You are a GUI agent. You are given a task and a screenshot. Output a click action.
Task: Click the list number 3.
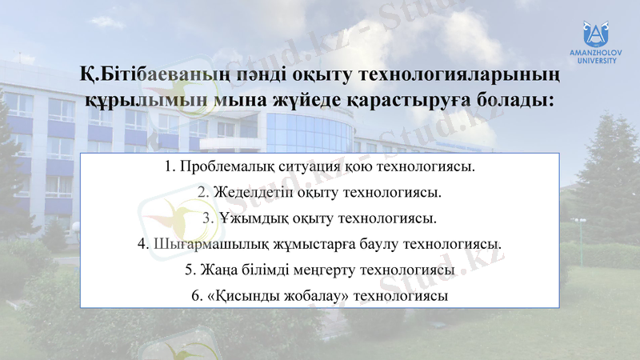206,218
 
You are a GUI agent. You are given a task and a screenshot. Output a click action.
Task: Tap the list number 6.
196,295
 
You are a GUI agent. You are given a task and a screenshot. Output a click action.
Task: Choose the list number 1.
168,168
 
